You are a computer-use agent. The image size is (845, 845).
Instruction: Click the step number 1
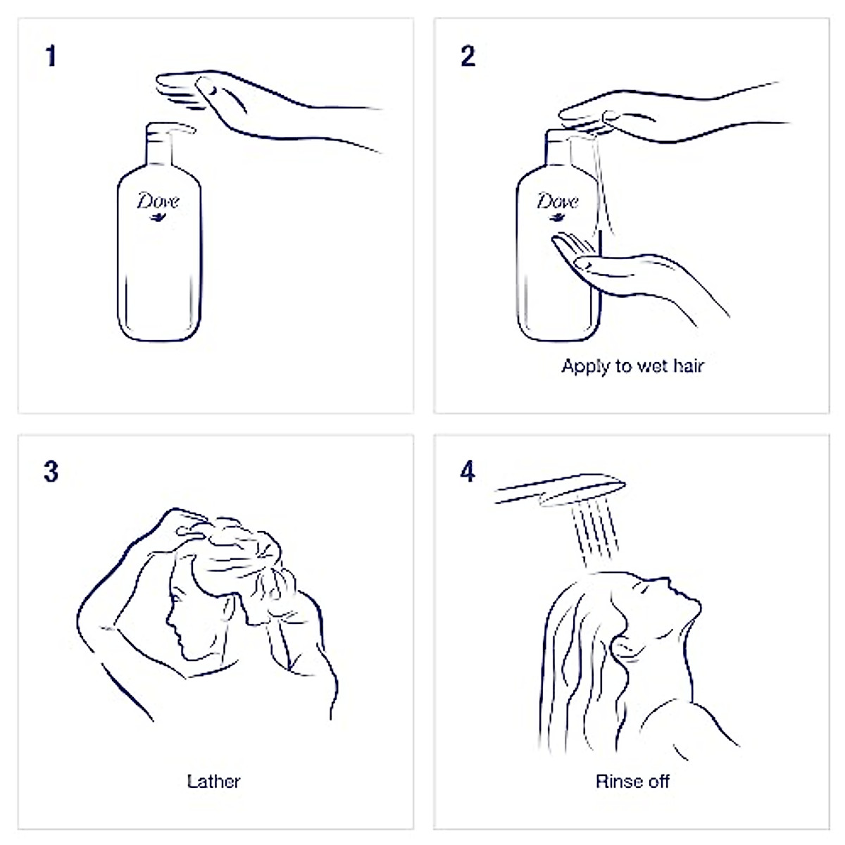pyautogui.click(x=50, y=56)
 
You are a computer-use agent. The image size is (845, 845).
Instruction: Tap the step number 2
pyautogui.click(x=468, y=56)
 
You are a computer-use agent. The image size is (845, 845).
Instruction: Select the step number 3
pyautogui.click(x=51, y=472)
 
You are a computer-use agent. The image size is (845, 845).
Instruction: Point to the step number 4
pyautogui.click(x=468, y=472)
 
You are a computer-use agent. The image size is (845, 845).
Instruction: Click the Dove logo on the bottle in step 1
pyautogui.click(x=158, y=204)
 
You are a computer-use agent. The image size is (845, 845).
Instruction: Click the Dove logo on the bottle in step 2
pyautogui.click(x=558, y=204)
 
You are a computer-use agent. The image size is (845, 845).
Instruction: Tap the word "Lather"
pyautogui.click(x=213, y=782)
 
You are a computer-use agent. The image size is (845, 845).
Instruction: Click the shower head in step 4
pyautogui.click(x=560, y=489)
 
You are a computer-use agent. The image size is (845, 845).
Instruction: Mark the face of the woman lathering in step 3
pyautogui.click(x=184, y=620)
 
